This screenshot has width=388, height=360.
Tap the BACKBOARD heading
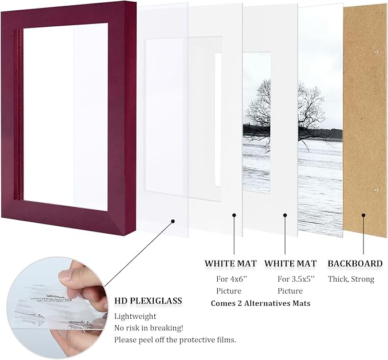click(x=355, y=263)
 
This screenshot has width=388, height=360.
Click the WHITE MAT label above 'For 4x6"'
click(x=231, y=263)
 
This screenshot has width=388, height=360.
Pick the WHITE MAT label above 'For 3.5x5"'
click(x=290, y=263)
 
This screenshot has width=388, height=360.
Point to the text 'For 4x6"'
click(x=231, y=279)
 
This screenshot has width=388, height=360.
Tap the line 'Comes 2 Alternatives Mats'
click(x=261, y=303)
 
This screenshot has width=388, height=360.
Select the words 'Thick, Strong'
click(x=351, y=279)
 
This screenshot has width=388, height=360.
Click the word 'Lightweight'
click(x=135, y=316)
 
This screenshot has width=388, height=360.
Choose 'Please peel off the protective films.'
click(x=175, y=340)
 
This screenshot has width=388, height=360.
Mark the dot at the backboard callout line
click(x=363, y=215)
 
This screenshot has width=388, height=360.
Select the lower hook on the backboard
click(x=376, y=189)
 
